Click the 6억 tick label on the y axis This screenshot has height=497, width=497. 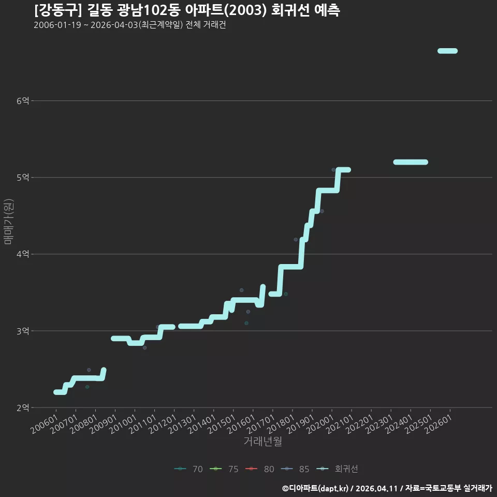pyautogui.click(x=23, y=101)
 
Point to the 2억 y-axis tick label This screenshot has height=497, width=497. pyautogui.click(x=23, y=407)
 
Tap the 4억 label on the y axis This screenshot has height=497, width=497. pyautogui.click(x=23, y=254)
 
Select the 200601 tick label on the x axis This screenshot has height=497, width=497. pyautogui.click(x=45, y=424)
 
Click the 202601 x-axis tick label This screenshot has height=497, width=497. pyautogui.click(x=438, y=424)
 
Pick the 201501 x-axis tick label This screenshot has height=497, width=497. pyautogui.click(x=222, y=424)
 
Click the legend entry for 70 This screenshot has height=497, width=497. pyautogui.click(x=188, y=469)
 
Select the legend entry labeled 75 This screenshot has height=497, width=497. pyautogui.click(x=224, y=469)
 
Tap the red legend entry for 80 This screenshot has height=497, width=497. pyautogui.click(x=259, y=469)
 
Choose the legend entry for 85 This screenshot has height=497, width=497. pyautogui.click(x=295, y=469)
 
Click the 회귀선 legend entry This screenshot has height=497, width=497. pyautogui.click(x=337, y=469)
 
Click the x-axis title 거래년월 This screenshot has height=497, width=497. pyautogui.click(x=263, y=441)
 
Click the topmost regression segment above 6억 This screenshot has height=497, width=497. pyautogui.click(x=447, y=51)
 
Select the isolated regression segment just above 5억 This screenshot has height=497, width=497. pyautogui.click(x=411, y=162)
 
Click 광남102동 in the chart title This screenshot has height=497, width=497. pyautogui.click(x=149, y=10)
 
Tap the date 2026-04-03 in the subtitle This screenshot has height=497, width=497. pyautogui.click(x=114, y=25)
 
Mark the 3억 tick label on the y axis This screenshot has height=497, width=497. pyautogui.click(x=23, y=331)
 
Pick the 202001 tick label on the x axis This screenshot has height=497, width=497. pyautogui.click(x=320, y=424)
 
